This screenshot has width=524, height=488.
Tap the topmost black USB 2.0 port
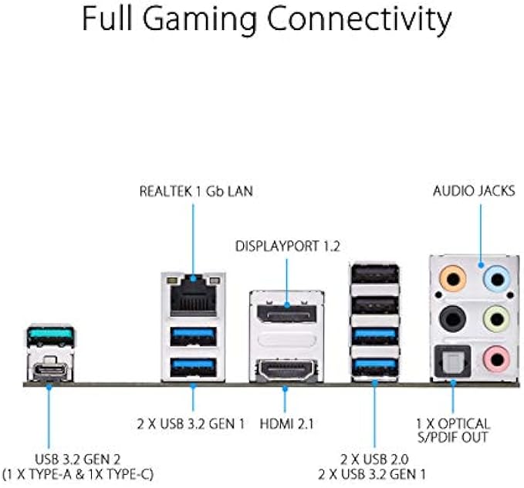(x=375, y=277)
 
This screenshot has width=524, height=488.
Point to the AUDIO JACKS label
(x=473, y=190)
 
